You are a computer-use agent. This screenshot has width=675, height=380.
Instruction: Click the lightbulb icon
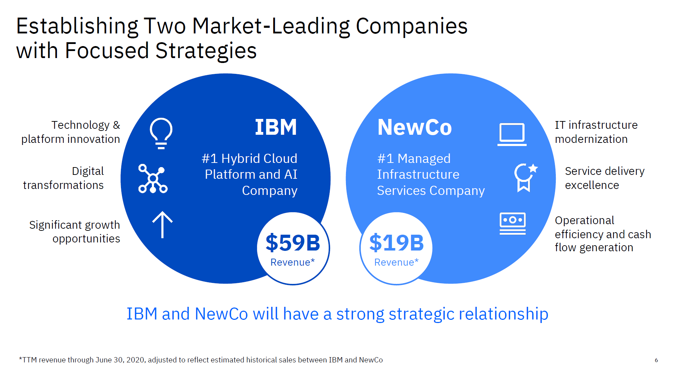click(x=161, y=133)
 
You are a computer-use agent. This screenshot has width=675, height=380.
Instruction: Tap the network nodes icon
click(x=153, y=179)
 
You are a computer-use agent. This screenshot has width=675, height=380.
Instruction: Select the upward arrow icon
click(x=162, y=225)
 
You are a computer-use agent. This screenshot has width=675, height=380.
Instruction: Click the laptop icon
click(x=512, y=134)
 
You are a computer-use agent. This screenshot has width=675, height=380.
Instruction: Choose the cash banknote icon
click(x=513, y=223)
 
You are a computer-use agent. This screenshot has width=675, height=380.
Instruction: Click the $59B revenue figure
click(x=293, y=242)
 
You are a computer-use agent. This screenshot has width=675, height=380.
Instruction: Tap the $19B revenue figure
click(x=397, y=242)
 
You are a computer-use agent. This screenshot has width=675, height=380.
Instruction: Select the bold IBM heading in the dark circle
click(x=276, y=127)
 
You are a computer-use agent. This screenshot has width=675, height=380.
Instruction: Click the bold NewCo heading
click(x=414, y=127)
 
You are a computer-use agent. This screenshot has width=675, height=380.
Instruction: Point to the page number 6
click(x=656, y=360)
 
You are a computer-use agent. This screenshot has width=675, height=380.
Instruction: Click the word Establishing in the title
click(x=77, y=27)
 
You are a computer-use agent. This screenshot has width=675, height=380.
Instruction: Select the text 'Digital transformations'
click(x=63, y=178)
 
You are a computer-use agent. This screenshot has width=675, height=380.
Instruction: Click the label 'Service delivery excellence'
click(x=605, y=178)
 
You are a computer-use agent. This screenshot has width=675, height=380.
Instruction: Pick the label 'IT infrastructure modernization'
click(x=596, y=132)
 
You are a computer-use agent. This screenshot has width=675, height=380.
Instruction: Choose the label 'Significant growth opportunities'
click(x=75, y=232)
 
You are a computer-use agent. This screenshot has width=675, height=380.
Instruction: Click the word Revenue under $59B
click(x=290, y=262)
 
